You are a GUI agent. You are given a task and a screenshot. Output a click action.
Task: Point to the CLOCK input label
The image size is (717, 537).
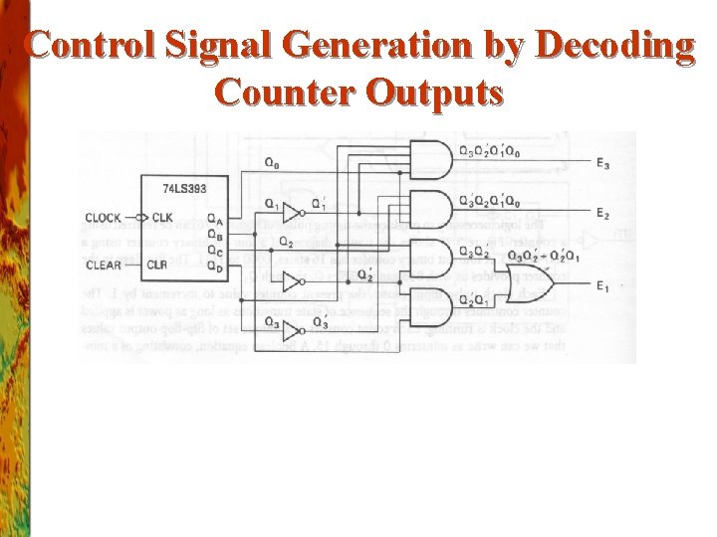pos(104,218)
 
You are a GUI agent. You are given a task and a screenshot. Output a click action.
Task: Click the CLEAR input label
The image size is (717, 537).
pos(104,265)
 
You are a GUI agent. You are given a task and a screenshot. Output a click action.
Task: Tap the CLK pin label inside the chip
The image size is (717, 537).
pos(162,218)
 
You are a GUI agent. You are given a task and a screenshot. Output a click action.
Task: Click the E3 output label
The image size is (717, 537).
pos(603,164)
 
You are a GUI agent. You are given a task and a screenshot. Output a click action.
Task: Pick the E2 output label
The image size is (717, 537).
pos(603,213)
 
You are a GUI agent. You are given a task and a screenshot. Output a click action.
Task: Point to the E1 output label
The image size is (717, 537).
pos(603,287)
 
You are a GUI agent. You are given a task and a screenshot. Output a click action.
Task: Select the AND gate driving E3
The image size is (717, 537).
pos(429,159)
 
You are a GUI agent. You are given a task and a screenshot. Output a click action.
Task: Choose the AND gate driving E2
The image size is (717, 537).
pos(429,208)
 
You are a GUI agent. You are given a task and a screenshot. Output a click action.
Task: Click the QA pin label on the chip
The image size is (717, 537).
pos(215,219)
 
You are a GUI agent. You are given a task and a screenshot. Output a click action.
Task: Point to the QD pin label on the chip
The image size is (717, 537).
pos(215,266)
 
